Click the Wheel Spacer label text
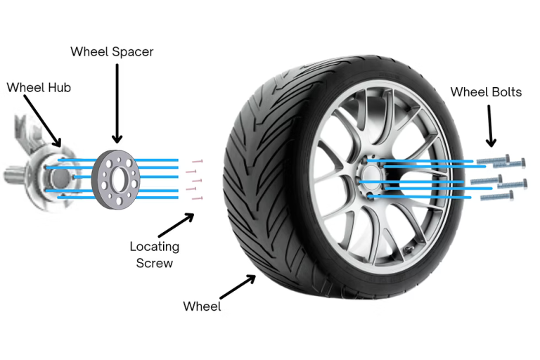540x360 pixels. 112,51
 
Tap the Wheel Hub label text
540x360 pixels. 39,87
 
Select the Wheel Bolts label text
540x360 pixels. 486,91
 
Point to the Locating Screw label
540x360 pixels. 155,255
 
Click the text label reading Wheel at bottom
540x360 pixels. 202,306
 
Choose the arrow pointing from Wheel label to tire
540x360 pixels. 239,289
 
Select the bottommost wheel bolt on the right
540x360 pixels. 496,196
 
